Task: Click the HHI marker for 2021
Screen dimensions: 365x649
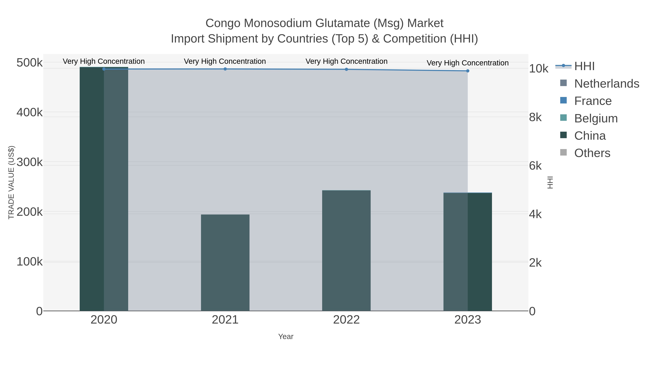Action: point(225,69)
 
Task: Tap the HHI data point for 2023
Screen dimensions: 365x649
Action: point(468,71)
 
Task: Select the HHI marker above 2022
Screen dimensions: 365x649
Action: point(346,69)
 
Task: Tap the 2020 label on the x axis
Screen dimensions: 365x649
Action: point(104,320)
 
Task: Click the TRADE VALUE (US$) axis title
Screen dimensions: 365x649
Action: point(11,182)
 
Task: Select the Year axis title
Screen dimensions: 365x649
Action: point(286,337)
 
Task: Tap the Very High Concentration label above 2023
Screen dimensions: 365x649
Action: point(468,63)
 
